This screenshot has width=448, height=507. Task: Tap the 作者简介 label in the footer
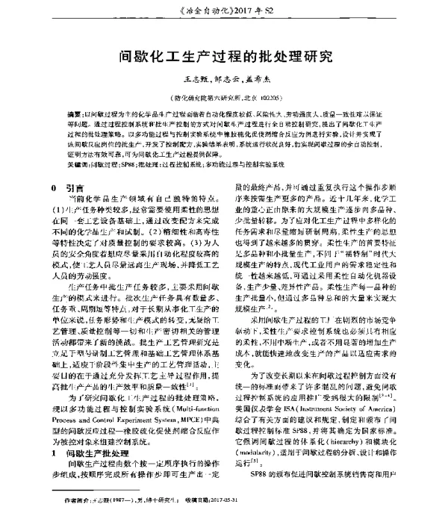[78, 498]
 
